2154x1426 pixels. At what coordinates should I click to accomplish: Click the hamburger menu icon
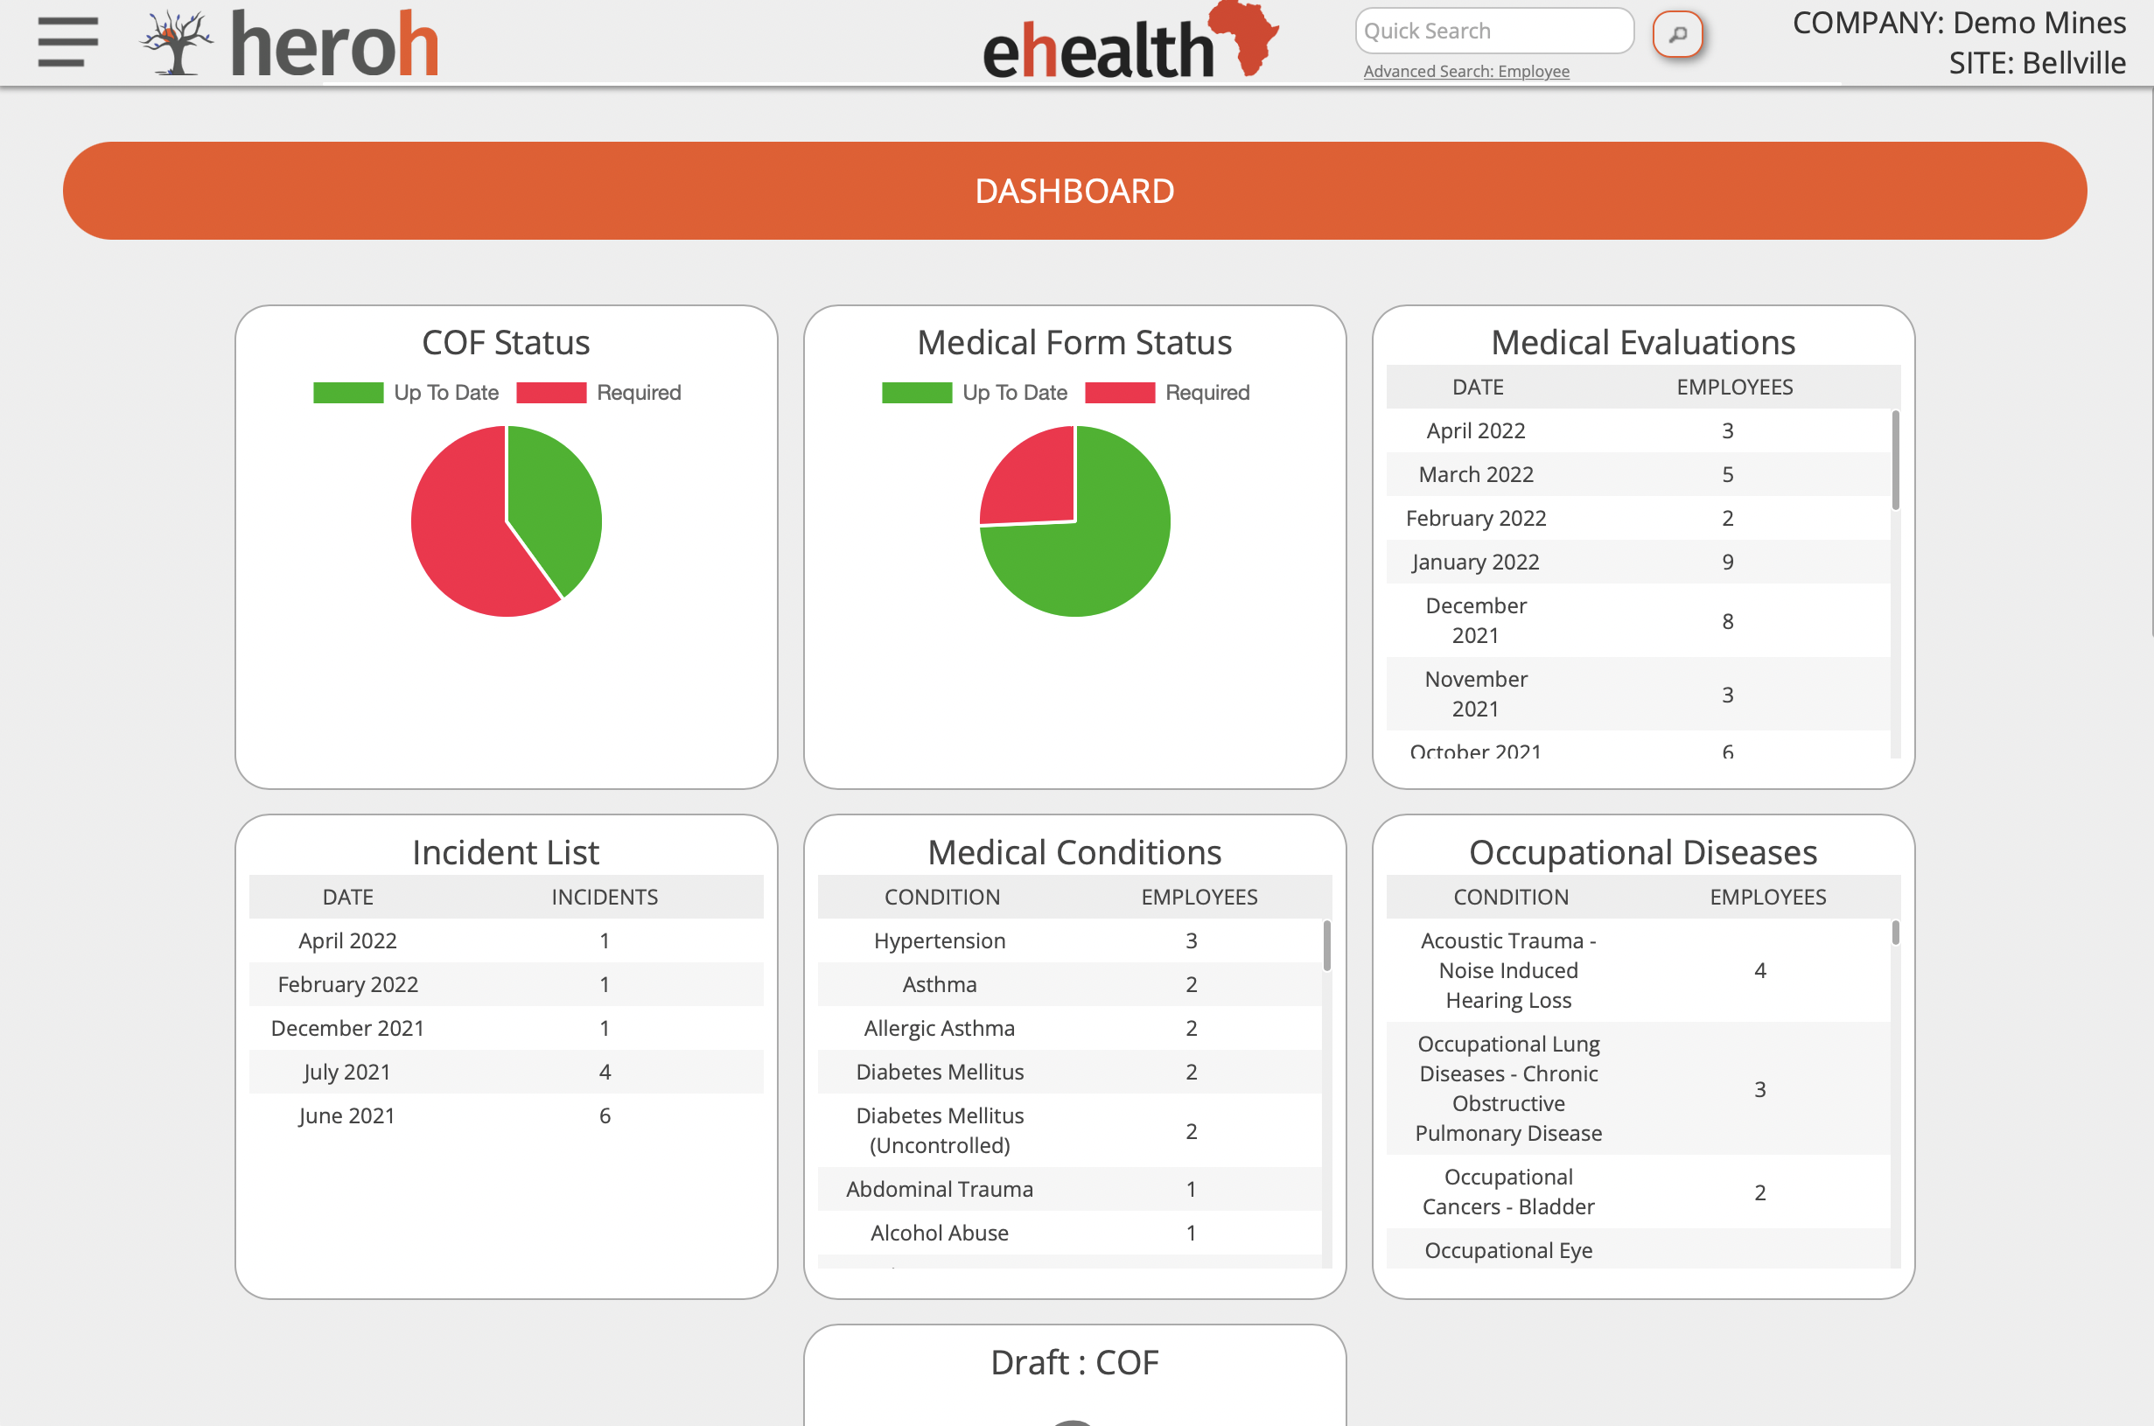click(x=68, y=42)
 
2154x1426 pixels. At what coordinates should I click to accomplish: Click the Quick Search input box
click(x=1493, y=31)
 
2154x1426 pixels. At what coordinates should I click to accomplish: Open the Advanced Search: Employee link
click(x=1465, y=71)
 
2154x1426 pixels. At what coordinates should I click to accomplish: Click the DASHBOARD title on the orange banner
click(x=1074, y=191)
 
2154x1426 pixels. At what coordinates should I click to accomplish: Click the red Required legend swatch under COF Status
click(x=551, y=392)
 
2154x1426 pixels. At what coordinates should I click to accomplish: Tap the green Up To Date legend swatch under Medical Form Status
click(x=917, y=392)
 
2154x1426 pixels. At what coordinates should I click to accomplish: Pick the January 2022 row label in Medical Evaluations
click(x=1475, y=562)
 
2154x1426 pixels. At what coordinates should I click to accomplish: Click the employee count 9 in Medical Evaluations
click(x=1728, y=562)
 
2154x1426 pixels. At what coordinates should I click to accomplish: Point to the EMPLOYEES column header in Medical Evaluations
click(x=1734, y=388)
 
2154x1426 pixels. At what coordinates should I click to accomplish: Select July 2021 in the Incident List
click(x=347, y=1073)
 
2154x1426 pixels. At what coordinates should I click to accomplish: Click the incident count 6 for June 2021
click(x=605, y=1116)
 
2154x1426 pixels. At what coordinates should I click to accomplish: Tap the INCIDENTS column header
click(x=605, y=897)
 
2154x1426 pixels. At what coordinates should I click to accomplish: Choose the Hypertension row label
click(x=940, y=940)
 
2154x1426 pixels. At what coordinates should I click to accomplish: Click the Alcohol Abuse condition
click(x=940, y=1233)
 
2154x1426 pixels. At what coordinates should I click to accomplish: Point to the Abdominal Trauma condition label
click(x=940, y=1189)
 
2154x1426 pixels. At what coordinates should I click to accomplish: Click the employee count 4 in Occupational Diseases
click(x=1759, y=970)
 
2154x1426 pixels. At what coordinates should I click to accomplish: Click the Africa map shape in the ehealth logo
click(x=1246, y=37)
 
